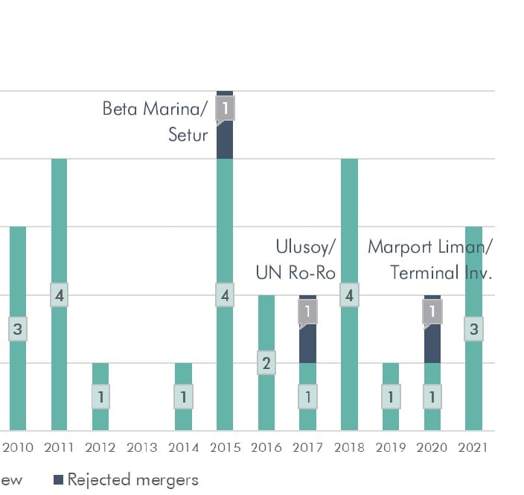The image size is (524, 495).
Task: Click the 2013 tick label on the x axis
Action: tap(141, 447)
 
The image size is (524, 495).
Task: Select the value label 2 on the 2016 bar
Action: tap(266, 365)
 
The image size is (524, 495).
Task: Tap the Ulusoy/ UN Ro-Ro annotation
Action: tap(296, 259)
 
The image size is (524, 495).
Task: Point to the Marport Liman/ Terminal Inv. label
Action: tap(430, 259)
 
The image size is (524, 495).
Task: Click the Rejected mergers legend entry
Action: tap(126, 479)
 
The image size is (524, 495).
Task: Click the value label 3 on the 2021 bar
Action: tap(473, 329)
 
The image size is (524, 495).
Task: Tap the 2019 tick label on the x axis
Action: tap(390, 447)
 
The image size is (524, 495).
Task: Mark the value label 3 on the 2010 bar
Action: tap(18, 329)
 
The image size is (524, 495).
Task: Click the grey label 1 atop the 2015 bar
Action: tap(225, 109)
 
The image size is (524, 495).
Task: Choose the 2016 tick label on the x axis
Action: tap(266, 447)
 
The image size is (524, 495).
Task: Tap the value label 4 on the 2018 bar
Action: tap(349, 295)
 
